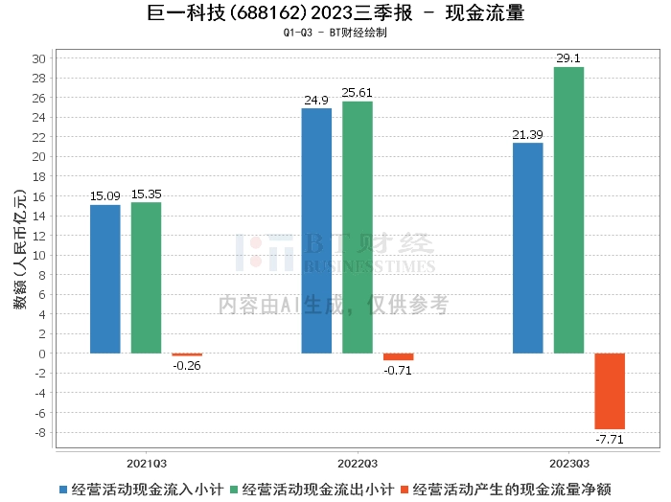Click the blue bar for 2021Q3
coord(105,279)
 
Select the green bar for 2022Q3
coord(358,227)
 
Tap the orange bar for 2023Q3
coord(610,391)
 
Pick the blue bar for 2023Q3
coord(527,248)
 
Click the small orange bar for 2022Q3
coord(399,356)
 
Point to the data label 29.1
coord(568,58)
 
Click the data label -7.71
coord(610,439)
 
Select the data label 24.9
coord(316,100)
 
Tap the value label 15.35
coord(147,194)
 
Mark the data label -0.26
coord(187,366)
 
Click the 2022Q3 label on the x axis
coord(358,464)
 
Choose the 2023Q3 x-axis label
coord(569,464)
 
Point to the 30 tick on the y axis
coord(39,58)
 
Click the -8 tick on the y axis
coord(40,432)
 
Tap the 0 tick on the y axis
coord(42,354)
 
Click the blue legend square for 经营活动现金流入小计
coord(63,490)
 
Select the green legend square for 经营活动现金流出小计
coord(234,490)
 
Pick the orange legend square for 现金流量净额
coord(405,490)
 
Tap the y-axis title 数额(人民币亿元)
coord(20,249)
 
